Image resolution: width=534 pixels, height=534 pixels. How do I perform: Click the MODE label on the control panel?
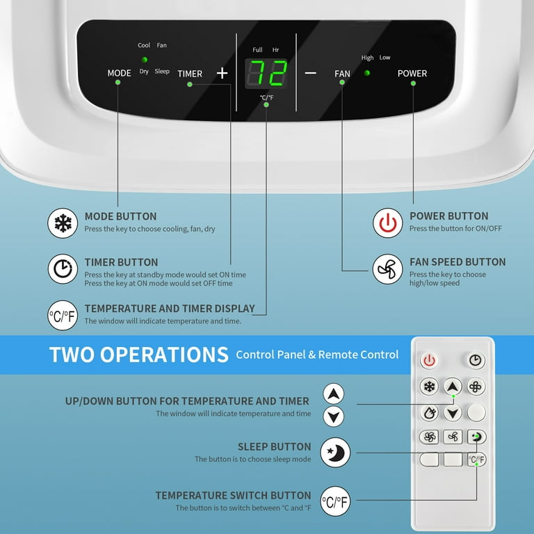[119, 73]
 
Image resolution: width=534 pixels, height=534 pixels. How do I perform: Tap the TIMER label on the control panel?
[190, 74]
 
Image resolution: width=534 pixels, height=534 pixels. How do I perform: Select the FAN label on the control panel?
[342, 74]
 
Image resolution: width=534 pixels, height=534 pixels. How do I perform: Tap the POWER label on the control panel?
[412, 73]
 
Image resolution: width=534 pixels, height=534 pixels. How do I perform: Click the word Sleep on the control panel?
[162, 72]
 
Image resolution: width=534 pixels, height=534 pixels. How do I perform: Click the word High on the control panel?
[368, 58]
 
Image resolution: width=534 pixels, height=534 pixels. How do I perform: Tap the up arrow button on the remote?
[453, 387]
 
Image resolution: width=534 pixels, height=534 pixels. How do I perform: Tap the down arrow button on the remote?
[453, 412]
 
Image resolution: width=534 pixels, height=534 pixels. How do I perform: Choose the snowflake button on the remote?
[429, 387]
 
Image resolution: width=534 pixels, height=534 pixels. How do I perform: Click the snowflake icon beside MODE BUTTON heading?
[63, 223]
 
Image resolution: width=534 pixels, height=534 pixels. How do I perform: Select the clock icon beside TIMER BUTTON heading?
[63, 269]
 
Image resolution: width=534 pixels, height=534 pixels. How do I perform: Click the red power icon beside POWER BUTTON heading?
[387, 223]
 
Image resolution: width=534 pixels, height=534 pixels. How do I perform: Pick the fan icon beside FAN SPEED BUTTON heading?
[387, 269]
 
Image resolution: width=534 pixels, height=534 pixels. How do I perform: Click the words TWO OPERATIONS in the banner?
[139, 355]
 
